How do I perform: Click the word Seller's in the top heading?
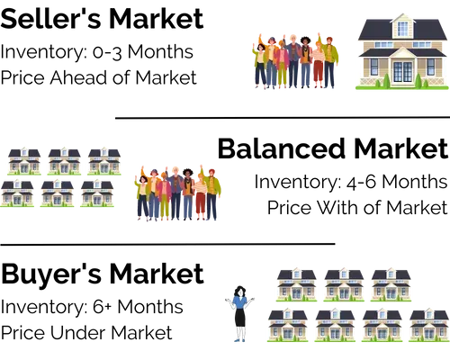pyautogui.click(x=50, y=19)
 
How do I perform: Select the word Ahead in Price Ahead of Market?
pyautogui.click(x=79, y=77)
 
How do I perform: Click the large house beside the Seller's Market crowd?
pyautogui.click(x=402, y=51)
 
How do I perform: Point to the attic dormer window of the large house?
pyautogui.click(x=402, y=29)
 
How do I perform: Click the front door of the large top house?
pyautogui.click(x=402, y=72)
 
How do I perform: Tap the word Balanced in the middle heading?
pyautogui.click(x=282, y=148)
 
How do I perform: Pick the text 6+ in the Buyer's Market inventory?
pyautogui.click(x=103, y=307)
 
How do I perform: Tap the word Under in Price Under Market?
pyautogui.click(x=77, y=333)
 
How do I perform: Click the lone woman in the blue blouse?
pyautogui.click(x=239, y=314)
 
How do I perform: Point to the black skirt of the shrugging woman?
pyautogui.click(x=240, y=317)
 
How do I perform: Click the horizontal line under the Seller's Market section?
pyautogui.click(x=283, y=118)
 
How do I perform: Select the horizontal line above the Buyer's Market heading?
pyautogui.click(x=167, y=244)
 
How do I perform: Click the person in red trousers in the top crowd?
pyautogui.click(x=318, y=65)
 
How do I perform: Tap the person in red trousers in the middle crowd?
pyautogui.click(x=201, y=197)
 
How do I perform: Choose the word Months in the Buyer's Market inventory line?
pyautogui.click(x=150, y=307)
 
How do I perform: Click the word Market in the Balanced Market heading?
pyautogui.click(x=401, y=148)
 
